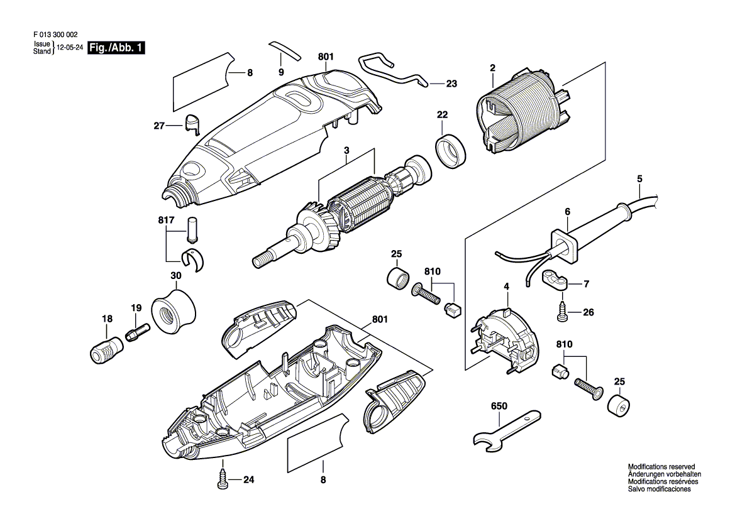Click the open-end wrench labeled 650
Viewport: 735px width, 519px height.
pos(507,430)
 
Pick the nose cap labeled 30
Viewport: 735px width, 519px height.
pos(174,312)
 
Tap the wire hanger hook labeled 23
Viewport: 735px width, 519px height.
pos(393,72)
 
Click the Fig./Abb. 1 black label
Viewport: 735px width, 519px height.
pos(117,48)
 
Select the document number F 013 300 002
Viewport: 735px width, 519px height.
pos(56,35)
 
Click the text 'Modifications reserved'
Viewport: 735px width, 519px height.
pos(661,467)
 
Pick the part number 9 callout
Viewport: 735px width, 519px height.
pos(281,72)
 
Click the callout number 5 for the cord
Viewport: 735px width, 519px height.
pos(640,179)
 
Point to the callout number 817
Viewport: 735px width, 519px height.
pos(167,220)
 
